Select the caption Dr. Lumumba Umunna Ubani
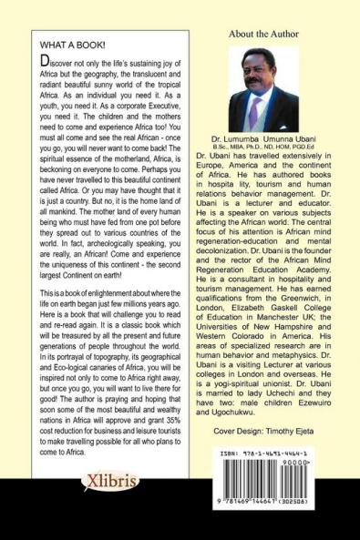click(274, 136)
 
